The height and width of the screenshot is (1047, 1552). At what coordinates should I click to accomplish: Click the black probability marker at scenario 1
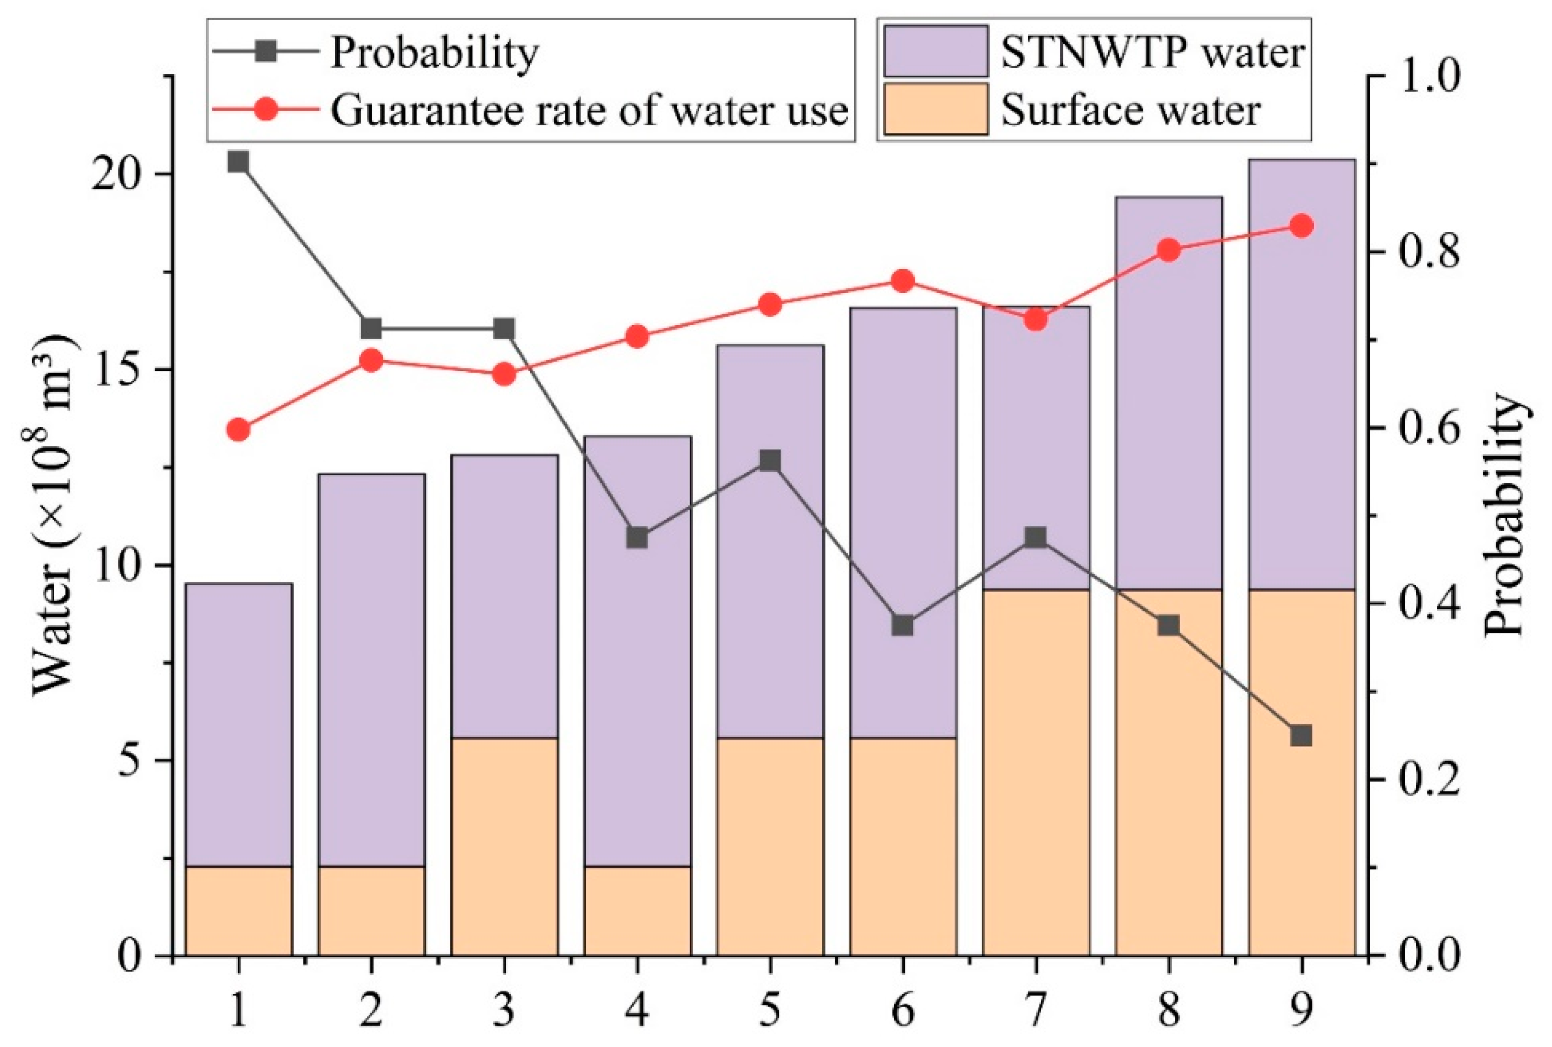point(238,162)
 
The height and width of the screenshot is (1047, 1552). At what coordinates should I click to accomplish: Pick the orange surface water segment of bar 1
point(238,911)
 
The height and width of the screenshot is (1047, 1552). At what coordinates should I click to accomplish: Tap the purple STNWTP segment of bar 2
point(371,668)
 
